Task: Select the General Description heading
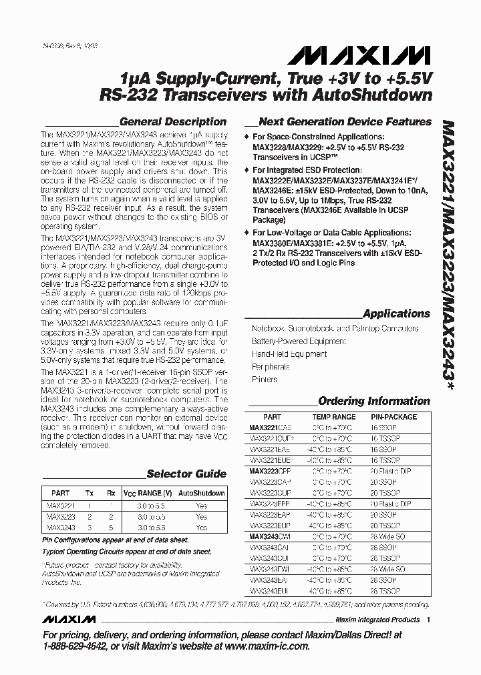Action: click(x=172, y=122)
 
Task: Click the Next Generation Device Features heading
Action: click(x=345, y=122)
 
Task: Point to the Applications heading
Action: click(x=396, y=313)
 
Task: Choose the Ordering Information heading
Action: click(x=374, y=401)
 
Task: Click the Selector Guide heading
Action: click(x=186, y=474)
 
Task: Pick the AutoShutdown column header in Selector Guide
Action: click(x=202, y=494)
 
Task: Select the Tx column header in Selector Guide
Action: click(x=90, y=494)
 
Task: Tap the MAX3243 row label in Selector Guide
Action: click(x=61, y=527)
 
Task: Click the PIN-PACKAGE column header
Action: click(x=393, y=417)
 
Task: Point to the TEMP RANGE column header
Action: click(x=334, y=417)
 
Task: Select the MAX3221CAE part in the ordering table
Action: click(x=271, y=428)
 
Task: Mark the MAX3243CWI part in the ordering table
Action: click(x=271, y=537)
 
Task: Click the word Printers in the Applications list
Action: click(x=265, y=380)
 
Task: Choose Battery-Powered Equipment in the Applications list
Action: click(x=299, y=342)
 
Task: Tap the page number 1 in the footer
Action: click(x=428, y=620)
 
